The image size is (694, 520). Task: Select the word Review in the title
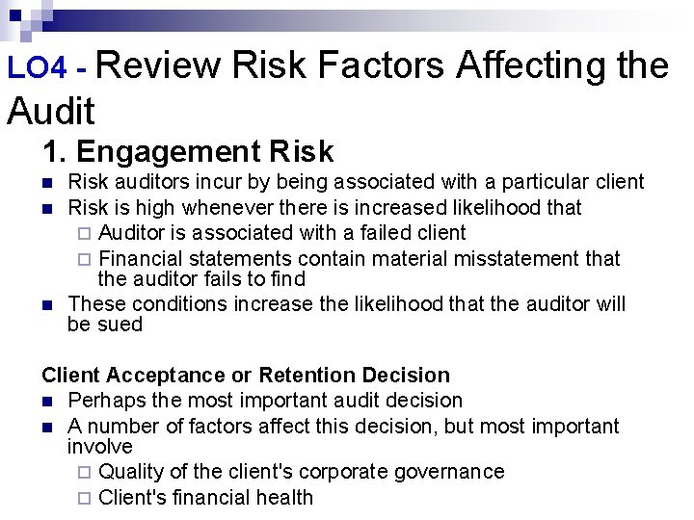159,65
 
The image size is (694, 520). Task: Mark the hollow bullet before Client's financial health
83,498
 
